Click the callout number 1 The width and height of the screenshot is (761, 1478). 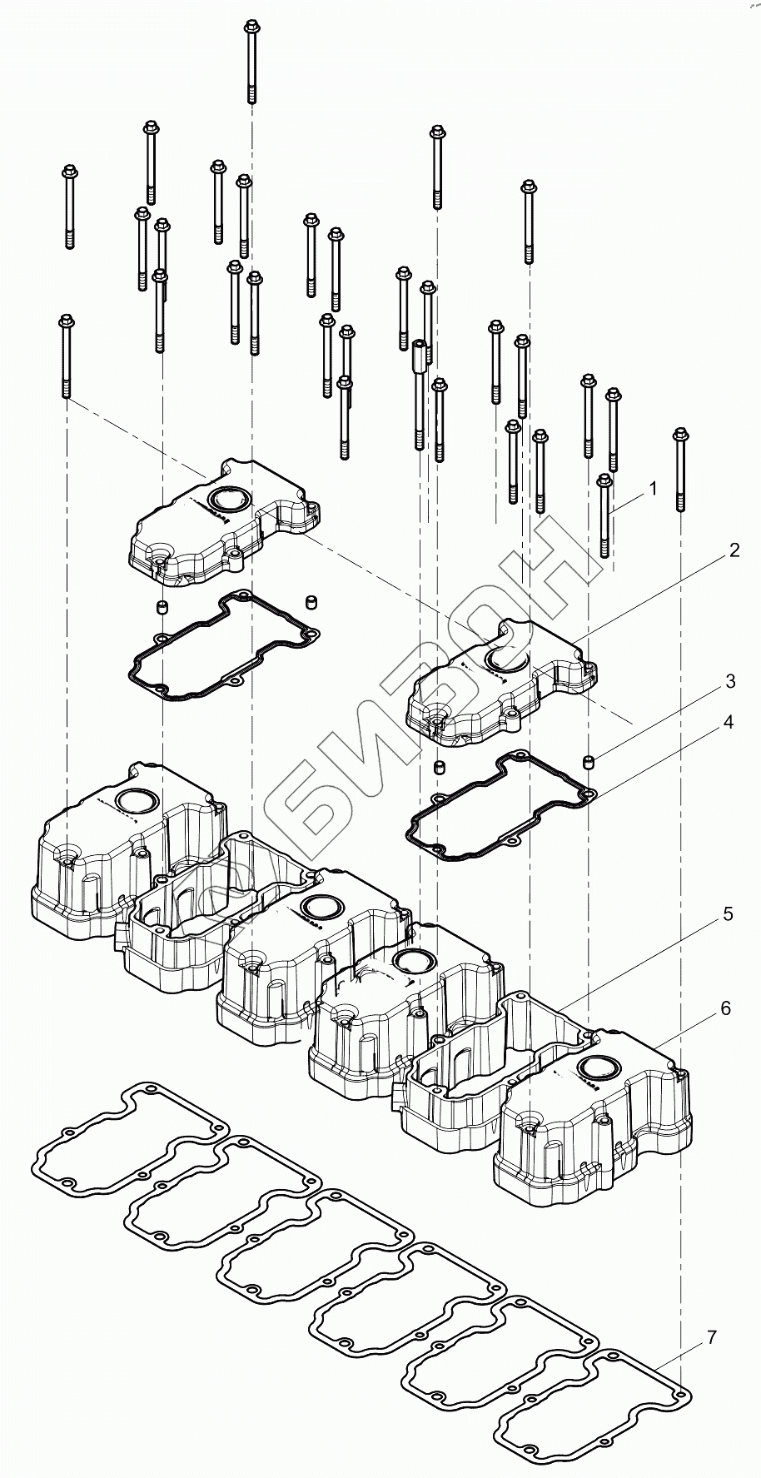tap(654, 489)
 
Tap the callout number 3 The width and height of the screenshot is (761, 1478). tap(729, 681)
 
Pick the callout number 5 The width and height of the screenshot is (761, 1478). tap(728, 913)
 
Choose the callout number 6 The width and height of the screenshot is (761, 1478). tap(725, 1008)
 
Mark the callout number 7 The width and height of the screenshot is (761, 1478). tap(712, 1338)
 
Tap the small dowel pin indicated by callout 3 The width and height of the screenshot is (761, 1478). tap(589, 761)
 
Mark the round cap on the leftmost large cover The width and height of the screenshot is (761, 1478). tap(135, 802)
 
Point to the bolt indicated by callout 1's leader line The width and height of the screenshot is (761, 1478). tap(605, 516)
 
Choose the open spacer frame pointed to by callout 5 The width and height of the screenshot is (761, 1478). tap(500, 1057)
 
